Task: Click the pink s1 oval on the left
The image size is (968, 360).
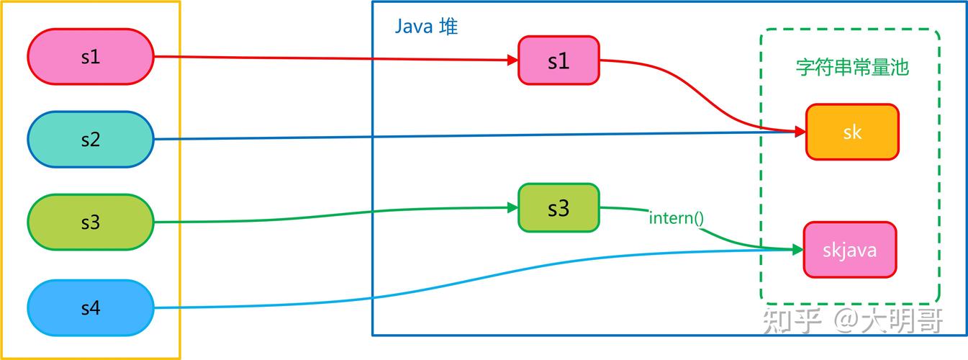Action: point(91,57)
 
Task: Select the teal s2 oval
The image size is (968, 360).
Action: point(91,139)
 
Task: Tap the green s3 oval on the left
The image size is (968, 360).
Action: point(91,222)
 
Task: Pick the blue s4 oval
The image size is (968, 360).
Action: point(91,307)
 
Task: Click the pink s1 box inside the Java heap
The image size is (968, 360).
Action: point(558,60)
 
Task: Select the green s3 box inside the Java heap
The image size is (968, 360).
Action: point(558,208)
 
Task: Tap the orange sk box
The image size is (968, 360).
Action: point(852,132)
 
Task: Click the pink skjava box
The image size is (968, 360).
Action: point(850,250)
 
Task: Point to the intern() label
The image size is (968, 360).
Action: point(677,218)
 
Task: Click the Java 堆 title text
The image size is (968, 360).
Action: point(426,27)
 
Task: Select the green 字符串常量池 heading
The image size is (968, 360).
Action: point(852,68)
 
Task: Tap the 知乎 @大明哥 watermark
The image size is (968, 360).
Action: point(852,320)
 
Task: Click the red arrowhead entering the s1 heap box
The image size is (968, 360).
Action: point(513,60)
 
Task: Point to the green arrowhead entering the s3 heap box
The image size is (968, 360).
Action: point(513,208)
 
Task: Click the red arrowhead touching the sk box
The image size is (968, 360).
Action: point(800,131)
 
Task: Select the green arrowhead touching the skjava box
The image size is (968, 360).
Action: point(797,249)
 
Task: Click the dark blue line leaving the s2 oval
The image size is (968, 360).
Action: point(475,135)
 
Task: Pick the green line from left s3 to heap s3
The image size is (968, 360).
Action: point(336,214)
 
